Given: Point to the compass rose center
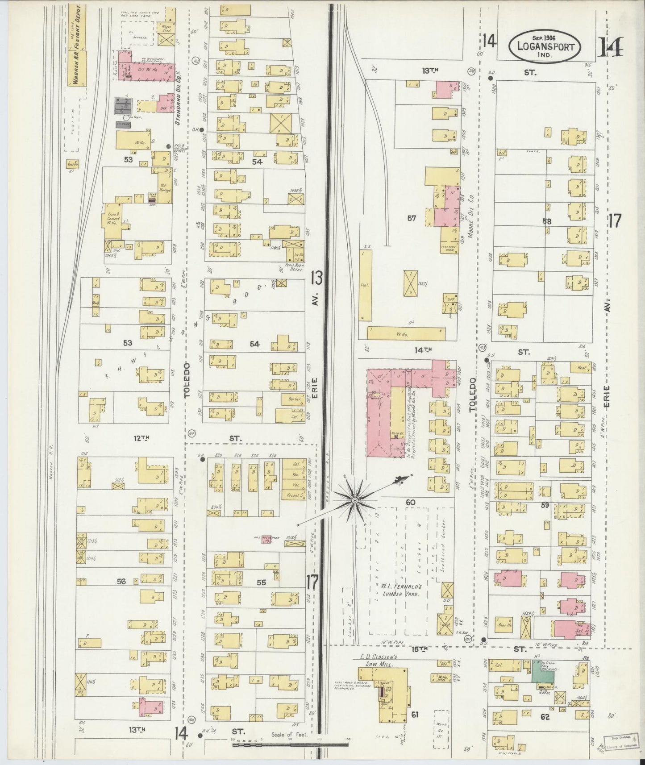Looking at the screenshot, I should click(x=354, y=501).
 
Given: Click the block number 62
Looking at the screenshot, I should click(x=544, y=717).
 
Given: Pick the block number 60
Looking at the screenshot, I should click(x=410, y=503).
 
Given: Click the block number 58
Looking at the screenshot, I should click(x=546, y=221).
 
